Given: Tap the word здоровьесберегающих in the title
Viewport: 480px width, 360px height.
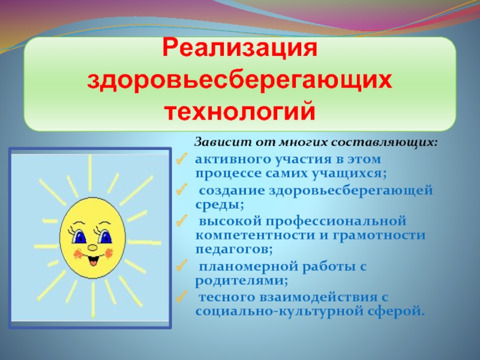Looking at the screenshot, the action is tap(239, 81).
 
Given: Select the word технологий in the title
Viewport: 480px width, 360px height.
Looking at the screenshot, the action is tap(241, 112).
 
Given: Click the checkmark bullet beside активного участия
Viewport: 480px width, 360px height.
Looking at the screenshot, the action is tap(181, 159).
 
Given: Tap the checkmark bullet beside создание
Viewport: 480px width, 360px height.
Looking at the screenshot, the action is tap(181, 190).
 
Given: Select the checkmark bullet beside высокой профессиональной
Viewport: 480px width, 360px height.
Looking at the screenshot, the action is tap(181, 220).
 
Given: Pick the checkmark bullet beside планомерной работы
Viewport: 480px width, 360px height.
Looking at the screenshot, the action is tap(181, 266).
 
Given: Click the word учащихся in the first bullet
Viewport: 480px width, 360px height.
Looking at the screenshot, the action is tap(349, 174).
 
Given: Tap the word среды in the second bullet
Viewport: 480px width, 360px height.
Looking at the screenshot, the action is tap(220, 205).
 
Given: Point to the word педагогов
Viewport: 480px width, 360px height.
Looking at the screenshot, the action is tap(234, 249).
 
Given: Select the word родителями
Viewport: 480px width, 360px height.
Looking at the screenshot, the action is tap(242, 281).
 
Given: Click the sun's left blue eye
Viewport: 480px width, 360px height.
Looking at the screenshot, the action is tap(79, 237).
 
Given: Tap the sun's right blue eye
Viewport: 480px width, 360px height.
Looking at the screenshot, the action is tap(106, 236).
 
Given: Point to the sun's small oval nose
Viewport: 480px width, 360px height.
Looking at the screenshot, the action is tap(92, 247).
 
